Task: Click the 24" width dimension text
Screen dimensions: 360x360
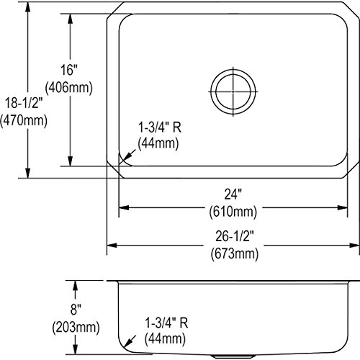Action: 233,194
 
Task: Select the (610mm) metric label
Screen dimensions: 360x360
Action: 233,212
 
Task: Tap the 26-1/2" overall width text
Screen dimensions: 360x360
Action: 235,236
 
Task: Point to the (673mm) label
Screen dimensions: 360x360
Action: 235,253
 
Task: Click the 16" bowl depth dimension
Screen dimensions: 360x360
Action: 69,70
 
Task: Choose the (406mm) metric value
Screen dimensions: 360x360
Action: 69,87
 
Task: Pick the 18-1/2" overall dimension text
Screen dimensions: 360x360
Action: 24,103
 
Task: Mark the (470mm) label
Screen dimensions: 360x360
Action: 24,120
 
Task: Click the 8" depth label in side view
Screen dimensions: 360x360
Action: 76,309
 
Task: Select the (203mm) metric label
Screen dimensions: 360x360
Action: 76,327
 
